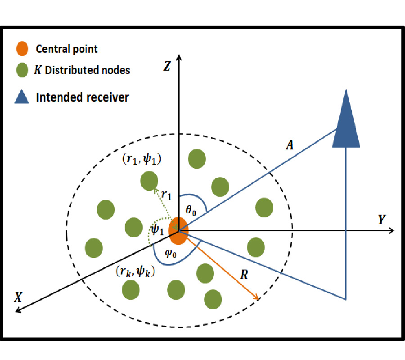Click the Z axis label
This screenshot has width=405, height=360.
tap(167, 67)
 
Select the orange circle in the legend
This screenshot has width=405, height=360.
tap(22, 49)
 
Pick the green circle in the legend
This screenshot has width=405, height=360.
tap(22, 71)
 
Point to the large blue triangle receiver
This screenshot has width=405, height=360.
tap(346, 121)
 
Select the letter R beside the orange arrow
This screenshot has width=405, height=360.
tap(244, 275)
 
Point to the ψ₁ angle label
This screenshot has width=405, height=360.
tap(157, 230)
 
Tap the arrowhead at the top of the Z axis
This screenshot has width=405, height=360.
tap(179, 58)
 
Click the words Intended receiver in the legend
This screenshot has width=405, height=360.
tap(82, 97)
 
